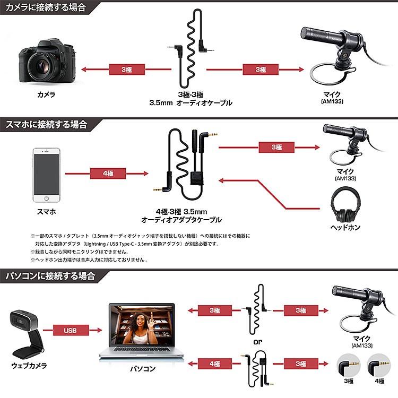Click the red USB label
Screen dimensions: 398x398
pyautogui.click(x=70, y=330)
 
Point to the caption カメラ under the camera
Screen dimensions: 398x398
pyautogui.click(x=46, y=95)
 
